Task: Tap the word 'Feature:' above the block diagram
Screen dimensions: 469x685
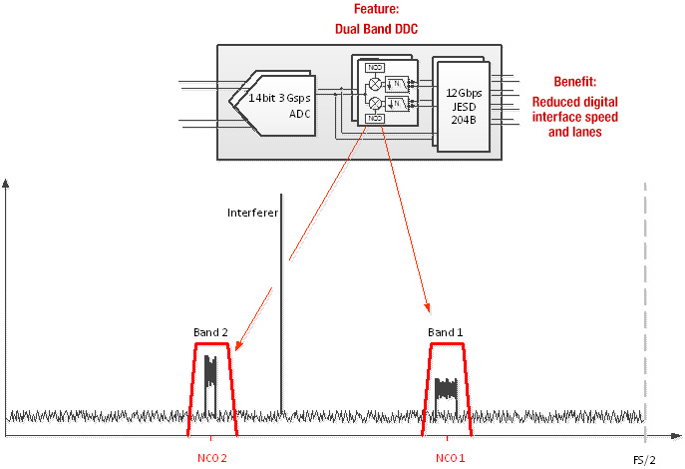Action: click(377, 9)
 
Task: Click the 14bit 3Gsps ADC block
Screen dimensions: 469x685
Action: click(283, 100)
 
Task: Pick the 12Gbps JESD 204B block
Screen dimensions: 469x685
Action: click(466, 100)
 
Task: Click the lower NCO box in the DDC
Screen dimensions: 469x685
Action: click(376, 119)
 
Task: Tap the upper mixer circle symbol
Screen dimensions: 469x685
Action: click(374, 85)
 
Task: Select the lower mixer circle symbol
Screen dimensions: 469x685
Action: click(374, 103)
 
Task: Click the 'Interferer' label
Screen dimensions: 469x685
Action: click(253, 213)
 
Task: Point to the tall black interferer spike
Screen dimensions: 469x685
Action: click(281, 299)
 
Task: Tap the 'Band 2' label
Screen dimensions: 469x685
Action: click(211, 332)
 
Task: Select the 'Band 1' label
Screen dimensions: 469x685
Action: click(446, 332)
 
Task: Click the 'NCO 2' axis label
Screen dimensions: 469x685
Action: click(210, 458)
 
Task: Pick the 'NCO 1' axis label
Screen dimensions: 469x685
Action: click(450, 458)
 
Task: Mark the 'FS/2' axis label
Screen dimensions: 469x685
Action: click(644, 458)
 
